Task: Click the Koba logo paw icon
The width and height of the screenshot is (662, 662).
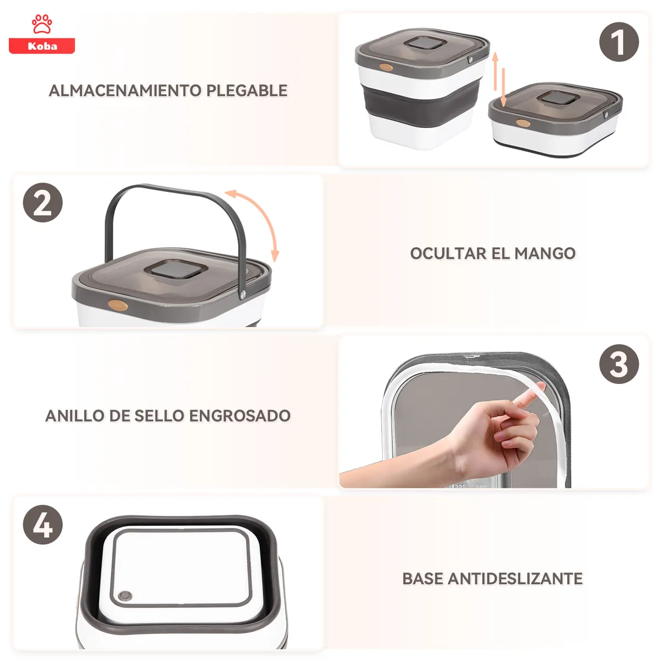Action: pyautogui.click(x=42, y=25)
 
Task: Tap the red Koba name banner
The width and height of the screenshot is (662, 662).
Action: pyautogui.click(x=42, y=46)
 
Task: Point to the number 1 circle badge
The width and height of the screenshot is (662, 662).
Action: pyautogui.click(x=619, y=42)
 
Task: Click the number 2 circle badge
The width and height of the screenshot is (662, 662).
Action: pyautogui.click(x=42, y=203)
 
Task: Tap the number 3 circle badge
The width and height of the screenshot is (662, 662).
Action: pyautogui.click(x=619, y=365)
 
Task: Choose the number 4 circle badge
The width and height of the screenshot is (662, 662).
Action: pyautogui.click(x=42, y=525)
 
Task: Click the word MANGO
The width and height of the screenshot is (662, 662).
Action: pyautogui.click(x=545, y=254)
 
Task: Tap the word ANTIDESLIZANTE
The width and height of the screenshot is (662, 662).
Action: pyautogui.click(x=515, y=579)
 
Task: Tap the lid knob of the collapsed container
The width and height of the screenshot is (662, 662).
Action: pyautogui.click(x=558, y=99)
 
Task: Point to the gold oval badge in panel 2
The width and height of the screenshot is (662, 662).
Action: pyautogui.click(x=119, y=305)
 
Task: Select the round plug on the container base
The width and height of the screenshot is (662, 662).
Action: pyautogui.click(x=125, y=596)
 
